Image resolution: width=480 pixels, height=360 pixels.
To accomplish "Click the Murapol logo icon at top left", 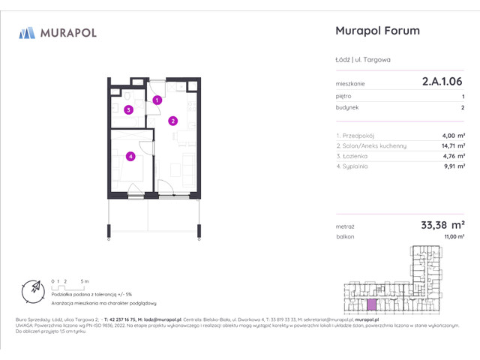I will click(x=27, y=32).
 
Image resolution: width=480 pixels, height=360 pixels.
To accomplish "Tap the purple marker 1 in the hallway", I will click(x=157, y=100).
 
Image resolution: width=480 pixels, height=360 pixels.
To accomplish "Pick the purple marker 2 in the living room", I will click(x=172, y=120).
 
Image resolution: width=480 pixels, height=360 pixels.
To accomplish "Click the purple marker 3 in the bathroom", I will click(x=129, y=110).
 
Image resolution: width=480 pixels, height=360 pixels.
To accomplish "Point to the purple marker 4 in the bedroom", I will click(x=130, y=156).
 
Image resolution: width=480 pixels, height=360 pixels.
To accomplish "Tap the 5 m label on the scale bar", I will click(x=87, y=280).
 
